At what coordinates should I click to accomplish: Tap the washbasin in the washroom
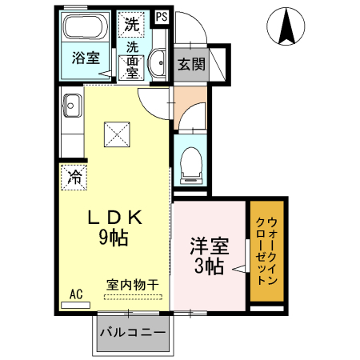158,62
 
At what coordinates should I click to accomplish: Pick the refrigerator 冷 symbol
74,176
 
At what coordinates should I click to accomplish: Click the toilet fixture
190,165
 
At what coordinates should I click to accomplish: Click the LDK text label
114,217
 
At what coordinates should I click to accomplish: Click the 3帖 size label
206,267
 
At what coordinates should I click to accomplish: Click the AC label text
77,293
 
